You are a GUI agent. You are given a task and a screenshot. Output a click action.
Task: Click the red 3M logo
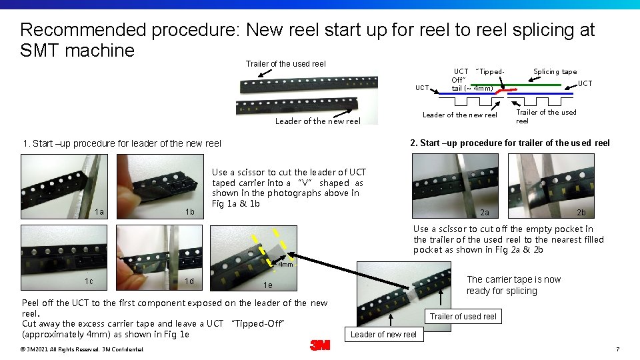319,345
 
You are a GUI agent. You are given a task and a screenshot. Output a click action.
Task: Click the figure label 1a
99,211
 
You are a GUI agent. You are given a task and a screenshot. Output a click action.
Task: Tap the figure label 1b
190,211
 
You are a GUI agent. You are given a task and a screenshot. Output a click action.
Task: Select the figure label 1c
89,281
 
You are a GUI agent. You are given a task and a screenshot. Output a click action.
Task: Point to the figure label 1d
190,281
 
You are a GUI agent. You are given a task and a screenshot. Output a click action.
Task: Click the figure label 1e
267,285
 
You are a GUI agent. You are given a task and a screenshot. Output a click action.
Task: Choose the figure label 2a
485,213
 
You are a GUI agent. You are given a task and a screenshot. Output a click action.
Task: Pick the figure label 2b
581,213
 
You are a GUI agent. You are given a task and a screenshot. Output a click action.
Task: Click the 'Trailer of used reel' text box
463,316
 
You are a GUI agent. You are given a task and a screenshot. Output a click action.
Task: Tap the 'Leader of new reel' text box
383,334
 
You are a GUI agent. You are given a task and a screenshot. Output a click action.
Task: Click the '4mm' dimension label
285,265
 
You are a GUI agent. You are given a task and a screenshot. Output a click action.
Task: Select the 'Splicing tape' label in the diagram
555,72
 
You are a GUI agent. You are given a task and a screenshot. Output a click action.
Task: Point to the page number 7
618,349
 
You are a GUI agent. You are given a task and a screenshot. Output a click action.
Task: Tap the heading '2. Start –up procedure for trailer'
509,143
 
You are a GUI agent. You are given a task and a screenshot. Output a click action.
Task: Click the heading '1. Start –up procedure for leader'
122,143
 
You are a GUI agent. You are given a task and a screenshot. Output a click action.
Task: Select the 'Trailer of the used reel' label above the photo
285,64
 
